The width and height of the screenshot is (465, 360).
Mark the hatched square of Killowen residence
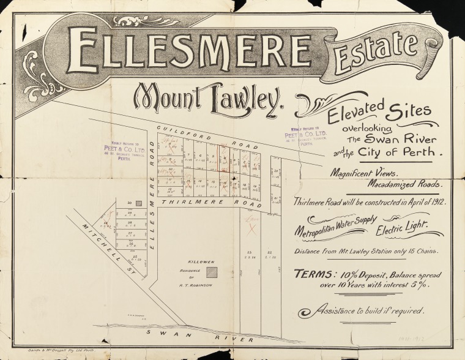coord(211,271)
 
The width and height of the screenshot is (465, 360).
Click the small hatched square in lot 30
coord(138,203)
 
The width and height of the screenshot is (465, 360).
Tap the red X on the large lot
coord(250,229)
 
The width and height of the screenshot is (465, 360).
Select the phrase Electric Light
coord(401,230)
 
